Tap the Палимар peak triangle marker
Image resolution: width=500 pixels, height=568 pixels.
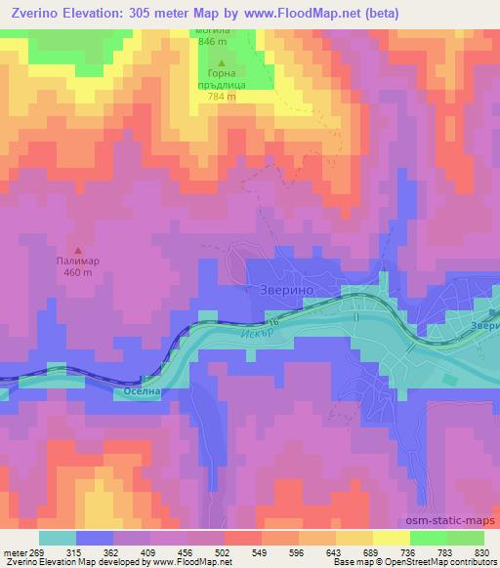[x=79, y=250]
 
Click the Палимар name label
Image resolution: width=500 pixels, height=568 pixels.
[x=79, y=262]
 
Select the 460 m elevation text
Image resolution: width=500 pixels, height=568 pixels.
[x=79, y=273]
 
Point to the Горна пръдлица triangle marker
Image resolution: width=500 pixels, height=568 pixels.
[x=221, y=63]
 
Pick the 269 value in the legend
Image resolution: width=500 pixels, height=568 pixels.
[x=37, y=552]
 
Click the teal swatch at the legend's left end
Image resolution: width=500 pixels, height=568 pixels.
[x=58, y=538]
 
